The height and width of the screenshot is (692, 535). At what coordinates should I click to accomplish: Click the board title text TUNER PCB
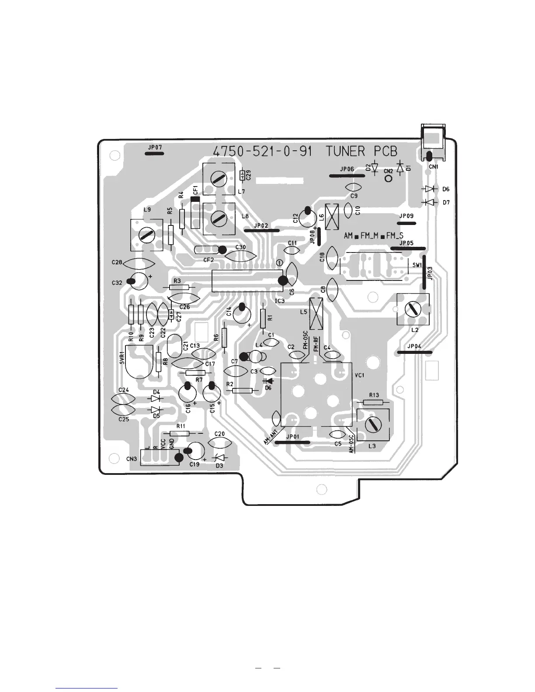[x=361, y=152]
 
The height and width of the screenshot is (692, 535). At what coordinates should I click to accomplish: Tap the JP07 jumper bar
[x=154, y=153]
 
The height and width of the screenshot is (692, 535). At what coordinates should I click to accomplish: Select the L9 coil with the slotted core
[x=146, y=235]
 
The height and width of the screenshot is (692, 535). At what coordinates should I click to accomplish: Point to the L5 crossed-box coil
[x=316, y=314]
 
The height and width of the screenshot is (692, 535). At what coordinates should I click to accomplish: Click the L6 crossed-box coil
[x=333, y=217]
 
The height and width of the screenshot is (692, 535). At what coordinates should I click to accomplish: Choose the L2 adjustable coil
[x=413, y=309]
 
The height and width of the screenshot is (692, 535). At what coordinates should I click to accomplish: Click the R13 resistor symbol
[x=373, y=402]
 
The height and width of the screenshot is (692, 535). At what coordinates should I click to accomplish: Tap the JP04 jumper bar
[x=415, y=352]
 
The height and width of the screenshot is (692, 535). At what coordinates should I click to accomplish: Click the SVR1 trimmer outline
[x=139, y=362]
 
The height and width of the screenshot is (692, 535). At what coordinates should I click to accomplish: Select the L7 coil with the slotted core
[x=219, y=178]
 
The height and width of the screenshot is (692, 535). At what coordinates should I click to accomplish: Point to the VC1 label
[x=359, y=375]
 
